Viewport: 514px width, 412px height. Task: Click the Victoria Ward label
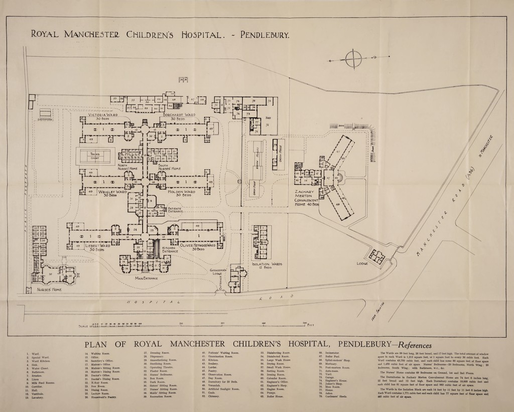tap(103, 116)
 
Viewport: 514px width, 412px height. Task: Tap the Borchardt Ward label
tap(179, 116)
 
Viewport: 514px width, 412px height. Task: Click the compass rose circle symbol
tap(353, 59)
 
